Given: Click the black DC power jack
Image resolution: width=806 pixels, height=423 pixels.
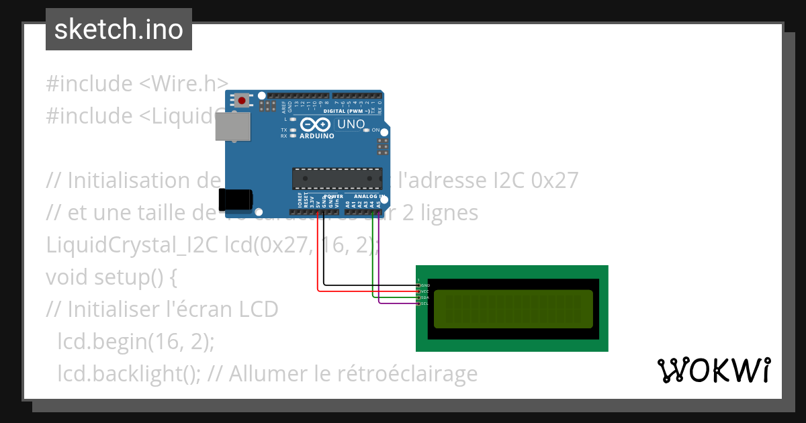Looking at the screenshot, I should (x=235, y=199).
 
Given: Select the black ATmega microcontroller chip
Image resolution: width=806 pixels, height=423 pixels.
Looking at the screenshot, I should (x=337, y=178).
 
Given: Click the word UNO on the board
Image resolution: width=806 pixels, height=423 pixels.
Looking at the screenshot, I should (x=351, y=124).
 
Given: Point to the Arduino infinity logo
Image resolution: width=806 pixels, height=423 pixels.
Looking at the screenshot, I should (x=316, y=124).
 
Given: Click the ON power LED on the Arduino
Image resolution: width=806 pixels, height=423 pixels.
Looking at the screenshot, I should (x=366, y=130).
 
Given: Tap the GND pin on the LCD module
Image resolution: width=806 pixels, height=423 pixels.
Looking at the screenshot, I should (x=419, y=285).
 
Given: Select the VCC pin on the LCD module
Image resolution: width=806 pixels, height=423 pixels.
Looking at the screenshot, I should (x=419, y=291).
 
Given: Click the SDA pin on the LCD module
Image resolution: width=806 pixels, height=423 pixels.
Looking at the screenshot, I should (x=419, y=297).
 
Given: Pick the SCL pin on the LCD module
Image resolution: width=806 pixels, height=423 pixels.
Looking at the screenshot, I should (x=419, y=303).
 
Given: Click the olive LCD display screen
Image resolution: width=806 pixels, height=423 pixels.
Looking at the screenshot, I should (x=513, y=309).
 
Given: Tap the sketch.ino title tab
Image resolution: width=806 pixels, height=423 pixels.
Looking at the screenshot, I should (x=119, y=30).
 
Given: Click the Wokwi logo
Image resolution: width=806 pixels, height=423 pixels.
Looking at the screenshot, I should (x=713, y=370).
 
